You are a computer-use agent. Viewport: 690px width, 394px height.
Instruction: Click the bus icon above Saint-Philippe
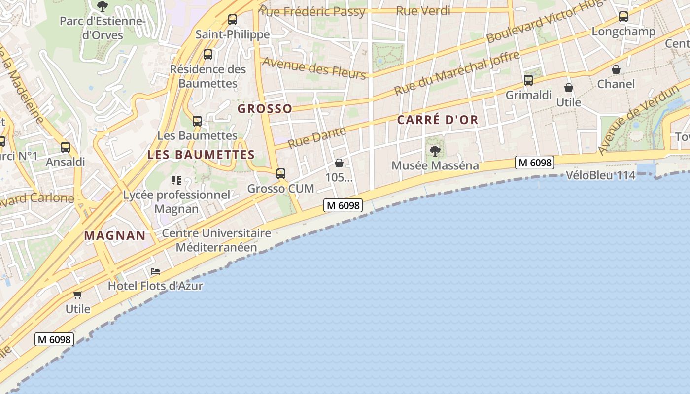point(232,20)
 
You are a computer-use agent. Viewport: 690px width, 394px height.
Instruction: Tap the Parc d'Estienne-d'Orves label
point(103,28)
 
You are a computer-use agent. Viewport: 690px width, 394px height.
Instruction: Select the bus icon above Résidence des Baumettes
point(208,55)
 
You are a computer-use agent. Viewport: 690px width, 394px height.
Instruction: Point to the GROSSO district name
point(265,109)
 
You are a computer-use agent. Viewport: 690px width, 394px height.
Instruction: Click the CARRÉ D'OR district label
point(438,120)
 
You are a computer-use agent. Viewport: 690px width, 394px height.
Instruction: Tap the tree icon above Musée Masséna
point(435,151)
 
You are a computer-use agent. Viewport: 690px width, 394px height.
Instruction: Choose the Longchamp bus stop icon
point(623,17)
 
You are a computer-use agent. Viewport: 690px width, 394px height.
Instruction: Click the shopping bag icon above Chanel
point(616,69)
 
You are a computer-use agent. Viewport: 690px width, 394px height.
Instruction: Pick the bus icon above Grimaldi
point(528,80)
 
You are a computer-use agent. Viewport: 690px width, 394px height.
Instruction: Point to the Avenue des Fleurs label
point(314,67)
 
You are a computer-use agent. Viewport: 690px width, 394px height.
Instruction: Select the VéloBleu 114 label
point(600,175)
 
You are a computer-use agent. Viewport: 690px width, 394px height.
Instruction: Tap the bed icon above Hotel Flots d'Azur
point(155,271)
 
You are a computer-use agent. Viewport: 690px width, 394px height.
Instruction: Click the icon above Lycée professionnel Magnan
point(176,180)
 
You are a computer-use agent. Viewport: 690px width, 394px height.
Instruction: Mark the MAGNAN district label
point(115,235)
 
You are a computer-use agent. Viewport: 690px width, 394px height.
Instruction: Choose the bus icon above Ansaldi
point(66,147)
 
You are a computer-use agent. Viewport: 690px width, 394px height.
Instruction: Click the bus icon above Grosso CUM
point(281,174)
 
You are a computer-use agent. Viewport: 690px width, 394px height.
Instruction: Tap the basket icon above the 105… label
point(339,163)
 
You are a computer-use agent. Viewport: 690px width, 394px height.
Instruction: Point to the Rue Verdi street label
point(423,11)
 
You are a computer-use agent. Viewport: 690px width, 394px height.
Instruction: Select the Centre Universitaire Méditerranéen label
point(216,240)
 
